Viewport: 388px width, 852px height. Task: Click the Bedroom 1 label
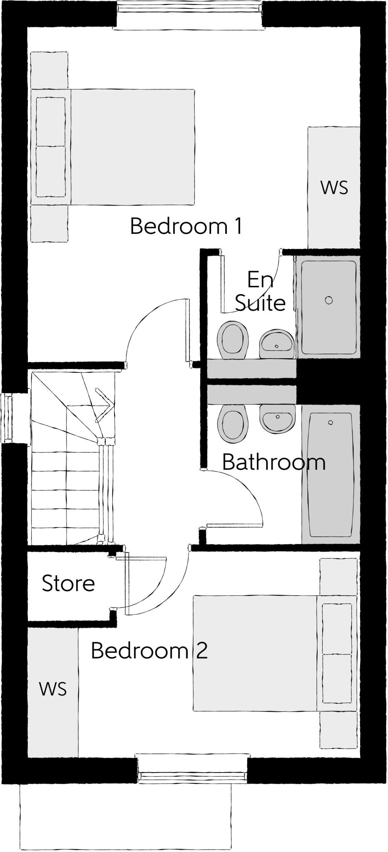tap(186, 226)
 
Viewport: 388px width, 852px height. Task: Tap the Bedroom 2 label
tap(149, 651)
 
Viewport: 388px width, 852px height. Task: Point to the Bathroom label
tap(274, 462)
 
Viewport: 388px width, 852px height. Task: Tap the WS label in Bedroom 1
tap(334, 188)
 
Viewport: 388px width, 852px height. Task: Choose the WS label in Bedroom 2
tap(53, 689)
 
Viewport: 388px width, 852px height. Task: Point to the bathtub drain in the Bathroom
tap(331, 423)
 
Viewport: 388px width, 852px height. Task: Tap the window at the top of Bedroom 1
tap(189, 15)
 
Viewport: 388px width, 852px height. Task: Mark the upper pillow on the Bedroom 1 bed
tap(51, 121)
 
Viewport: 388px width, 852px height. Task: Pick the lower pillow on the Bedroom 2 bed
tap(337, 678)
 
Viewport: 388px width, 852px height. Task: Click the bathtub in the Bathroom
tap(331, 474)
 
